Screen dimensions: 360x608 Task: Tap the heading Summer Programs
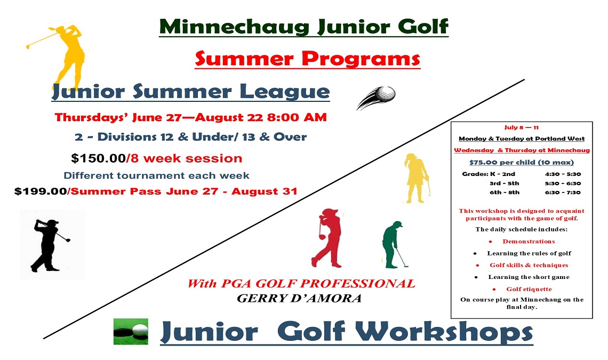307,58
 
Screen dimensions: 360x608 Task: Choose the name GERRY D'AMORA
299,298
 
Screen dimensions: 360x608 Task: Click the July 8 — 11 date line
522,127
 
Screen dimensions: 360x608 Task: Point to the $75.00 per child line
522,162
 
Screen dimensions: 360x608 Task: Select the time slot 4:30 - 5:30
563,174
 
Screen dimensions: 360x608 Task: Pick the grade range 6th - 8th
504,192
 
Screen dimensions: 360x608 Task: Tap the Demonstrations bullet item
521,242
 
